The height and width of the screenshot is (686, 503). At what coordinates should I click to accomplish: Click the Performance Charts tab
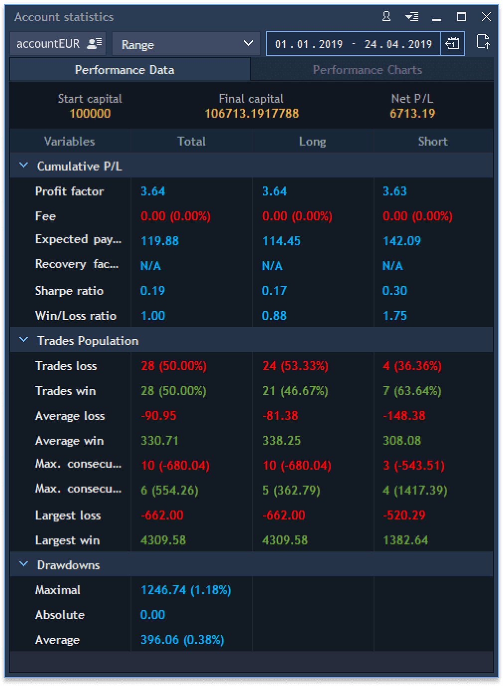tap(367, 70)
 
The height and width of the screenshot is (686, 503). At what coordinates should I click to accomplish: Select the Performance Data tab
tap(125, 70)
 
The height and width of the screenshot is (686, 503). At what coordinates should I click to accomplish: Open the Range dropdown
tap(186, 44)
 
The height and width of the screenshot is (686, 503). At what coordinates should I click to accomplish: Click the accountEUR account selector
tap(58, 44)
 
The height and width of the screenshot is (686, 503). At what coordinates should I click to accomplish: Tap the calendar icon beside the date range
tap(452, 43)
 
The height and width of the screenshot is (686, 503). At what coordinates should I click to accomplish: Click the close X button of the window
tap(487, 17)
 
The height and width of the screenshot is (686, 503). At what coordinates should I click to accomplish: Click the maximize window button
tap(462, 17)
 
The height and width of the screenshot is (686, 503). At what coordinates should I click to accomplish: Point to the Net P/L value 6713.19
tap(412, 114)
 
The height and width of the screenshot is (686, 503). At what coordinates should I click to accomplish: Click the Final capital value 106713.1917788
tap(251, 114)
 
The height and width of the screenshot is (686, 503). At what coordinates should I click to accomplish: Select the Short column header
tap(433, 142)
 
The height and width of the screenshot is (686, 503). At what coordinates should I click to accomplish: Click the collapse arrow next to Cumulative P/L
tap(23, 166)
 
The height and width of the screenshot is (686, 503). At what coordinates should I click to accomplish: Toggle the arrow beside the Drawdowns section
tap(23, 564)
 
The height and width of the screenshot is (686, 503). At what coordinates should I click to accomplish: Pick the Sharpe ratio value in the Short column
tap(394, 291)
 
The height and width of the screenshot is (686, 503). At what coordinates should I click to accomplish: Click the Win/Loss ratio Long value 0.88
tap(274, 316)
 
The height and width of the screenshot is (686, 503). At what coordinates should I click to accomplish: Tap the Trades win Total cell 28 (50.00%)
tap(173, 391)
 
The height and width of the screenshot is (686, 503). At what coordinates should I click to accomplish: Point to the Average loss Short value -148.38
tap(404, 416)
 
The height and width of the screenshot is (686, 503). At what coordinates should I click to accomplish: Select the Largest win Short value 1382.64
tap(405, 540)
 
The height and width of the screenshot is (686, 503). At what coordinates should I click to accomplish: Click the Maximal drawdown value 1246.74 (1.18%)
tap(186, 590)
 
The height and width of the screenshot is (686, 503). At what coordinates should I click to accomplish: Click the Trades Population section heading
tap(88, 341)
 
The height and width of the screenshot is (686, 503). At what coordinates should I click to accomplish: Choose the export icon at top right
tap(483, 42)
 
